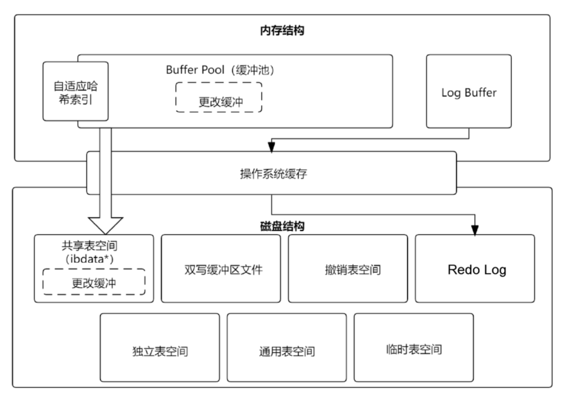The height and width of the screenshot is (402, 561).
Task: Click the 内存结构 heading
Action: [282, 31]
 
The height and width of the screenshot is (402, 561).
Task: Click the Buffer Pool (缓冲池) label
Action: [220, 70]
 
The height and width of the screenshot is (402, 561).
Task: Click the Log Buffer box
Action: [469, 92]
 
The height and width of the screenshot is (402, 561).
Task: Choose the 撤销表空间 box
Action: [348, 269]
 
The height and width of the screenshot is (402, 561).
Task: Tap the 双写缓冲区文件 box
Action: [221, 269]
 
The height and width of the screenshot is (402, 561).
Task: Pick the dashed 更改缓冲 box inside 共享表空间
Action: [94, 282]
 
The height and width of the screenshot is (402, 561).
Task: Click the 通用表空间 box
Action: [287, 351]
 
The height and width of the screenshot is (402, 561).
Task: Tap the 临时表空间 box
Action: [414, 349]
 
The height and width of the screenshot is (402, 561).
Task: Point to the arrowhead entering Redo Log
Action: [474, 230]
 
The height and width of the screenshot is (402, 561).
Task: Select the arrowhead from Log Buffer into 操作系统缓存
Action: [271, 148]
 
